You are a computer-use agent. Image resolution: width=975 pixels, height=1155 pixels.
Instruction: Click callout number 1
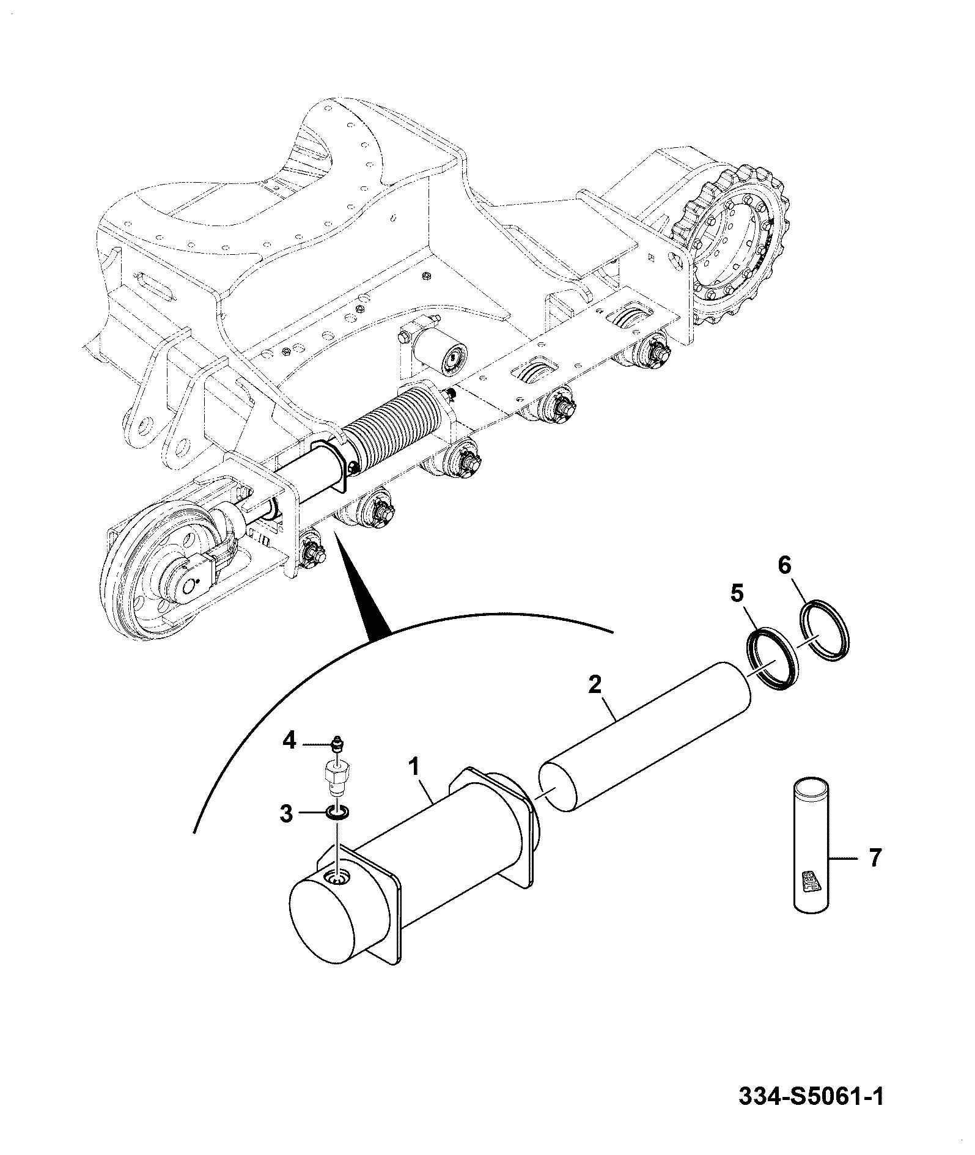(x=415, y=766)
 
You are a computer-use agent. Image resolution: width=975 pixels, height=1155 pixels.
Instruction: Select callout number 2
(x=595, y=684)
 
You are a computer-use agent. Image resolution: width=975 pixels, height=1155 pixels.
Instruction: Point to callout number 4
(x=289, y=741)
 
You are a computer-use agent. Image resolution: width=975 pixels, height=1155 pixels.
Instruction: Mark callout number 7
(x=875, y=858)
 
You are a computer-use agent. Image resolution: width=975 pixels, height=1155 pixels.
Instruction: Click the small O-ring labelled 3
(x=336, y=812)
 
